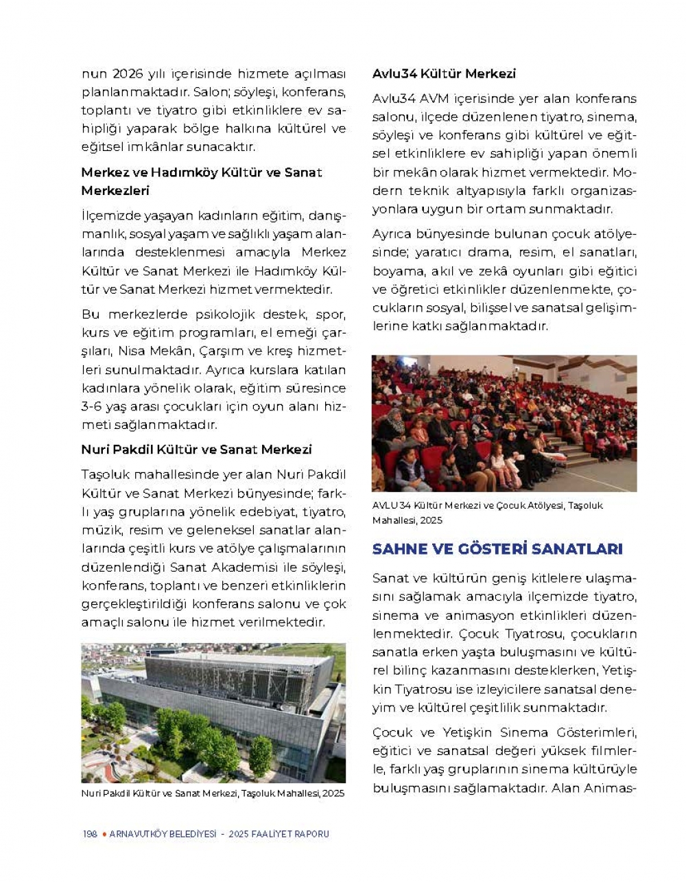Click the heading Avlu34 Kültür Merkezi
point(444,73)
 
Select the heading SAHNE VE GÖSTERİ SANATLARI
point(497,549)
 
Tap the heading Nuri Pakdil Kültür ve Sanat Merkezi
point(196,450)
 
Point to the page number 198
point(90,834)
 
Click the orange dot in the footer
point(104,834)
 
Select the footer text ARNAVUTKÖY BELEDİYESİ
point(163,834)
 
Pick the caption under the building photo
point(213,793)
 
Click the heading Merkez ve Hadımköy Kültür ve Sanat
point(202,172)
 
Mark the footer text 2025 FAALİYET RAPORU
point(279,834)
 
